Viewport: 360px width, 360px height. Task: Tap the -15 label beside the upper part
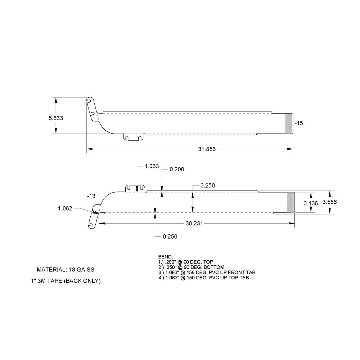299,123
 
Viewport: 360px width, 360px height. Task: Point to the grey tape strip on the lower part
290,202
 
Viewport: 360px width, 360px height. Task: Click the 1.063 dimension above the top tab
152,166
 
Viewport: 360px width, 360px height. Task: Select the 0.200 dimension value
176,170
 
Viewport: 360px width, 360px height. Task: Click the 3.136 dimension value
310,203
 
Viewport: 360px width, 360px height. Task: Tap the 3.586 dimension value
329,202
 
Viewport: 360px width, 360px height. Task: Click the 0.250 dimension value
170,237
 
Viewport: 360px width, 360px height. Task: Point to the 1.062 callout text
65,208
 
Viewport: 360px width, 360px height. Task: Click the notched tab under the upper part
134,137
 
